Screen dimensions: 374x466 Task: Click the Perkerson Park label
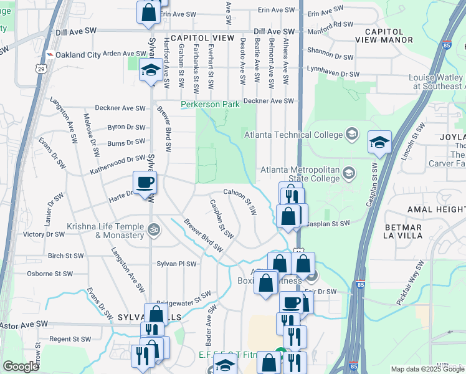[211, 105]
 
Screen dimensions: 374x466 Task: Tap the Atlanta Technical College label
[293, 135]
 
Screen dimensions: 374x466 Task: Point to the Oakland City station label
[77, 55]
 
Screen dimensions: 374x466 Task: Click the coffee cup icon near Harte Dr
[145, 183]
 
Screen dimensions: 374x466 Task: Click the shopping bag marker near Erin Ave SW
[148, 12]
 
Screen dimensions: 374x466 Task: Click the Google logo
[21, 367]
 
